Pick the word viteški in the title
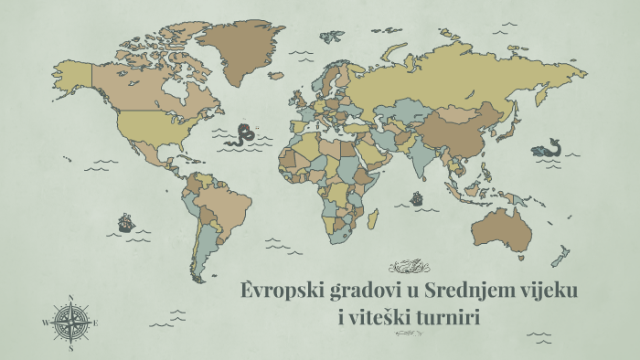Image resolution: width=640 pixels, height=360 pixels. [x=379, y=319]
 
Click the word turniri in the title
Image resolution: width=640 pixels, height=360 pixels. [x=445, y=318]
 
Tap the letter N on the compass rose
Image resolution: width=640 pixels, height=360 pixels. [x=70, y=297]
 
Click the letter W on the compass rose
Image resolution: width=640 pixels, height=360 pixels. [x=45, y=323]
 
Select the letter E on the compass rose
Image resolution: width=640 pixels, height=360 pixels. [x=95, y=323]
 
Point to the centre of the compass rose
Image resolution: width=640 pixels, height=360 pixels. [x=70, y=323]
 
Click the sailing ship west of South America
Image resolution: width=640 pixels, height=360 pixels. [x=125, y=222]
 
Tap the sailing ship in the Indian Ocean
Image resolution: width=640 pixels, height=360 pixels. [x=417, y=196]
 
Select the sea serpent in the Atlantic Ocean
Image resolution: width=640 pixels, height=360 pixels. [x=245, y=134]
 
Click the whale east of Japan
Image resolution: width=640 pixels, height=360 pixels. [x=547, y=148]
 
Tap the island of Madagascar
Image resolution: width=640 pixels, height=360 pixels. [x=373, y=219]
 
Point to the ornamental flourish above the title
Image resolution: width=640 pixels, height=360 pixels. [x=409, y=267]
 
